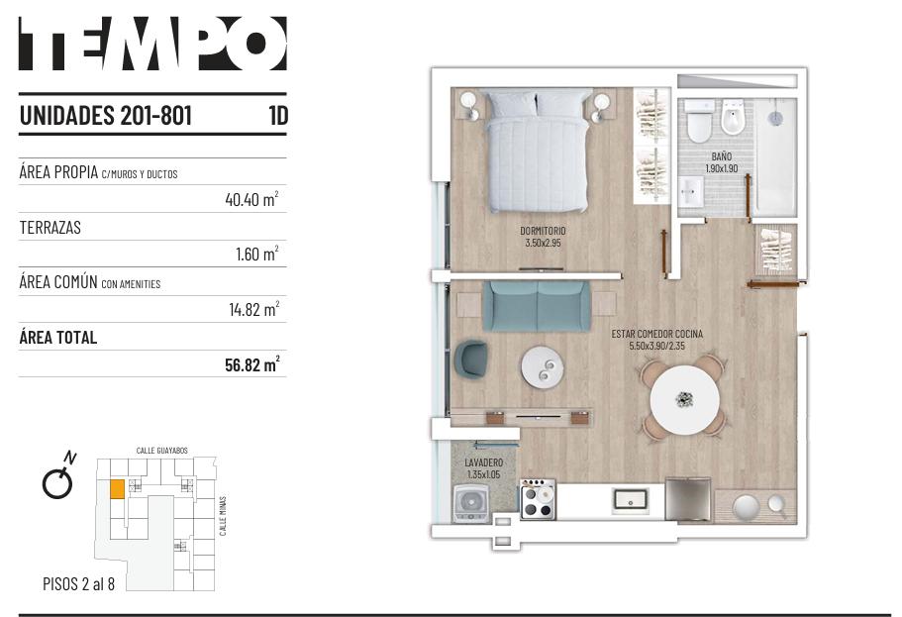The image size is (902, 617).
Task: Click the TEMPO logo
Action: (x=152, y=44)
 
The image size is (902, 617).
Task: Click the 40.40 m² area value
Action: (x=251, y=199)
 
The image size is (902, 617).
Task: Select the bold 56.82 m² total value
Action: (x=252, y=364)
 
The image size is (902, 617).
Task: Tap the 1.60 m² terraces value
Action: (x=257, y=254)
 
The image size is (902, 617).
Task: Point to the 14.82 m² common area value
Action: (x=254, y=309)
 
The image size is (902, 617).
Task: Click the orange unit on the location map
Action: (x=117, y=488)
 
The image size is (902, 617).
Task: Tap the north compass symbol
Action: (x=59, y=476)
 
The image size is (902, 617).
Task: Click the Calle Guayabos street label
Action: (x=161, y=450)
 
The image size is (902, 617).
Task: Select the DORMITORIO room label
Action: (x=543, y=230)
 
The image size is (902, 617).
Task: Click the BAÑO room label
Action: (x=722, y=156)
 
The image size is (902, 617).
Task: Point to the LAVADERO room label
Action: (x=484, y=463)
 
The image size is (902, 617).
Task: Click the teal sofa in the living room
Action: (x=536, y=306)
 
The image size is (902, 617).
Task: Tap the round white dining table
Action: (x=684, y=400)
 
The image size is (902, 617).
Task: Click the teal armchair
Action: (x=470, y=360)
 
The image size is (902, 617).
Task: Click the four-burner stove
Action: (x=538, y=499)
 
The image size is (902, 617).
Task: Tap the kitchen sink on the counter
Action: (x=630, y=498)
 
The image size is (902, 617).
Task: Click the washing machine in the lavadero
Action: (x=471, y=504)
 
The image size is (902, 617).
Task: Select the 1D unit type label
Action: (x=278, y=115)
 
